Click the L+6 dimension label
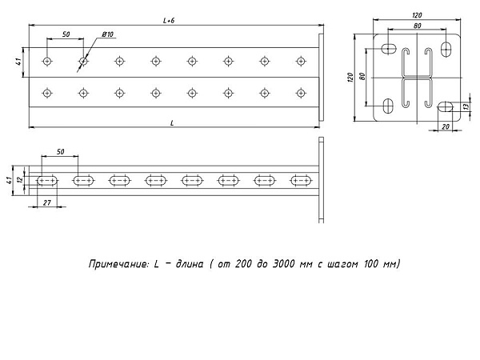click(169, 21)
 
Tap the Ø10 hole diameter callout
click(107, 34)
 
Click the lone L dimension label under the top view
click(172, 123)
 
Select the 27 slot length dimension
click(47, 202)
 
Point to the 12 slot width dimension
click(20, 180)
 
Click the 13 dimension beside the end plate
click(466, 106)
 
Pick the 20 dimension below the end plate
click(446, 126)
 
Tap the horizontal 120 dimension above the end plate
click(417, 15)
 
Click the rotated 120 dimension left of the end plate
click(350, 77)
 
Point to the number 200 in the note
click(243, 263)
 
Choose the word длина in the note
click(189, 264)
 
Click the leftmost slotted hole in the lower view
click(47, 181)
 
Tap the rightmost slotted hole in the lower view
click(302, 181)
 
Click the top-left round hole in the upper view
click(47, 62)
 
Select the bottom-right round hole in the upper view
click(302, 93)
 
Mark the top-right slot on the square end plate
click(446, 48)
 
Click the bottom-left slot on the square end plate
click(388, 106)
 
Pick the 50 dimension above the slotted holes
click(61, 151)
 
